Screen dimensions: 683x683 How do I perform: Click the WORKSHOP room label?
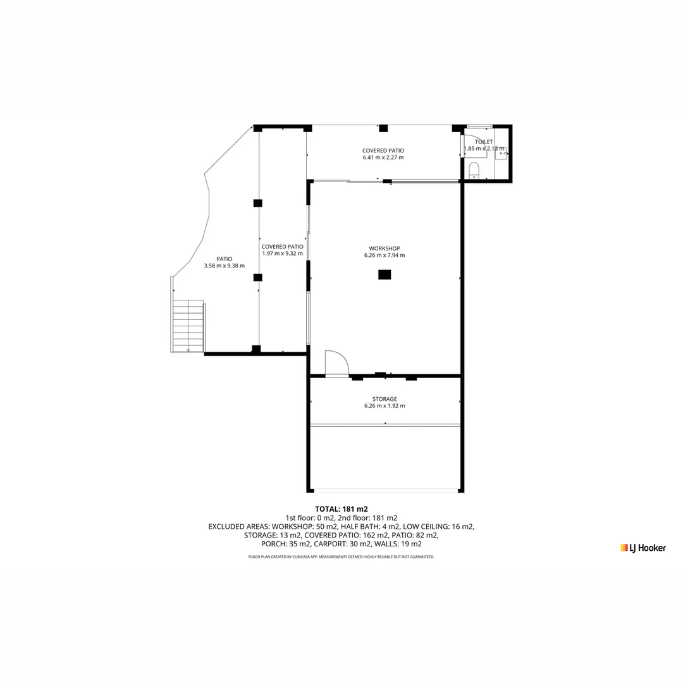[x=385, y=249]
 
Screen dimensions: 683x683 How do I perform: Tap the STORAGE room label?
[x=385, y=399]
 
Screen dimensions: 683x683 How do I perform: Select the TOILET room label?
[x=484, y=142]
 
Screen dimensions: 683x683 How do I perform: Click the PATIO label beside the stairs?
[x=224, y=259]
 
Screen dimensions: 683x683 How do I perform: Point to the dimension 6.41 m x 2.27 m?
[x=383, y=157]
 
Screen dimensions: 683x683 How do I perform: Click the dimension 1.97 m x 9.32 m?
[x=282, y=254]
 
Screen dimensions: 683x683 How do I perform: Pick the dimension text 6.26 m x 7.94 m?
[x=385, y=255]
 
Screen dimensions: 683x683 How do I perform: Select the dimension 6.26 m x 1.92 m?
[x=385, y=406]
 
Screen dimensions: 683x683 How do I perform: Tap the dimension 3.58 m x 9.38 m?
[x=224, y=266]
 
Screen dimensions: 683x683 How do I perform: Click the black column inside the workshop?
[x=385, y=274]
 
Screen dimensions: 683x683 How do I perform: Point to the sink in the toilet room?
[x=501, y=153]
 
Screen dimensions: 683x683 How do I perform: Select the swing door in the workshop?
[x=336, y=364]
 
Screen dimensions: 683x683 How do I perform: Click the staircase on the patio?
[x=188, y=326]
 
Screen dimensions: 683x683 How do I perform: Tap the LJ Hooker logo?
[x=643, y=548]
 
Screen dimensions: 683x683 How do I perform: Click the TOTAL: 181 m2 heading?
[x=341, y=508]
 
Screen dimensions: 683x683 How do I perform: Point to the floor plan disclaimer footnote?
[x=341, y=557]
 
